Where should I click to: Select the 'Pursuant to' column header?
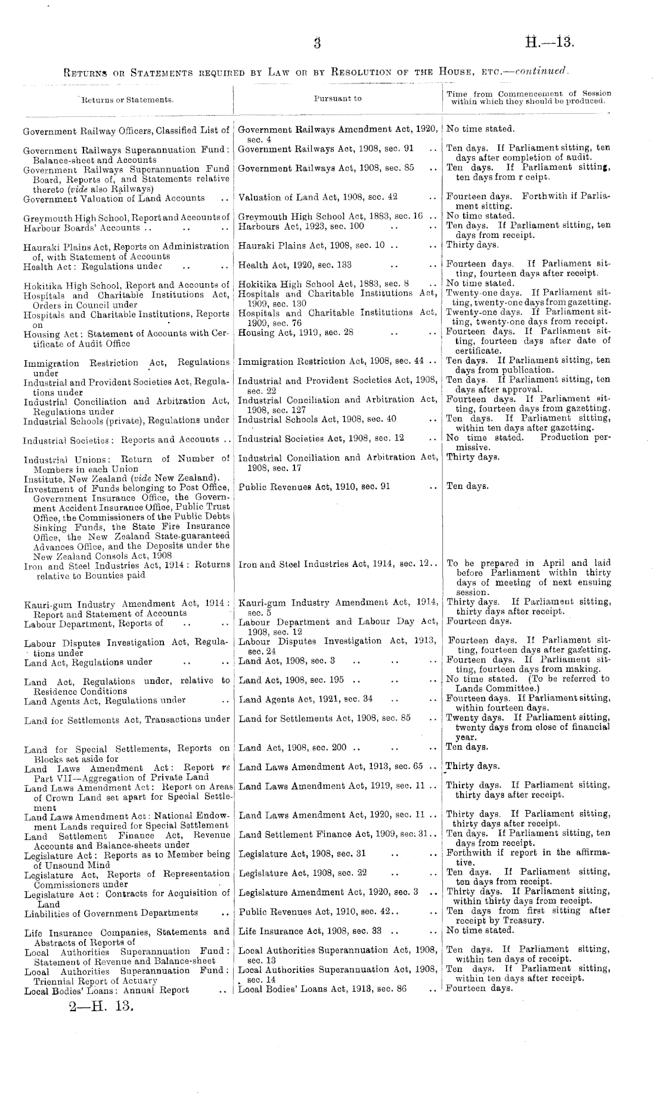click(337, 98)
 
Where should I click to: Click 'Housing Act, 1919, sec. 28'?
click(296, 332)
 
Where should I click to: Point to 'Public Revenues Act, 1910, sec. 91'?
click(314, 486)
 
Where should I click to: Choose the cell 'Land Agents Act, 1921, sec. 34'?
click(306, 699)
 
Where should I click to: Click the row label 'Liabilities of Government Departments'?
click(111, 913)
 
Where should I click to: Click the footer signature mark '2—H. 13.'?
click(100, 1009)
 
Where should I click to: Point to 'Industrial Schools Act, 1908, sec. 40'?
click(317, 419)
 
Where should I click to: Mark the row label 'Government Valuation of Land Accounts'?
click(113, 198)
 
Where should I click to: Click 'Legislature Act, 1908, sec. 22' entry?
click(302, 873)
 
